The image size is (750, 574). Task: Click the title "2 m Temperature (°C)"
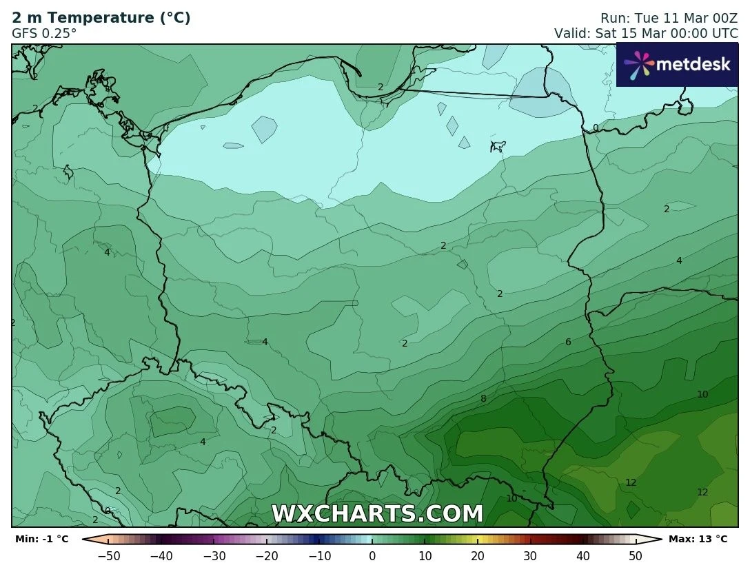[x=101, y=18]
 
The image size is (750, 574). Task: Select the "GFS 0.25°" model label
[x=44, y=32]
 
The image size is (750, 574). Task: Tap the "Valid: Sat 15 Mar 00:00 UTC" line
[x=646, y=33]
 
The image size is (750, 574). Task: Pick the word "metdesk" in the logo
[x=692, y=64]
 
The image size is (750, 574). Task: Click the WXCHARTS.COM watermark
[x=377, y=514]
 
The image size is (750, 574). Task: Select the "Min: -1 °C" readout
[x=41, y=539]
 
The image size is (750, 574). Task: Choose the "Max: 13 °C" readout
[x=698, y=539]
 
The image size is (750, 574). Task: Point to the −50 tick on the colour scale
[x=109, y=555]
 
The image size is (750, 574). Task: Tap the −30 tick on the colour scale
[x=214, y=555]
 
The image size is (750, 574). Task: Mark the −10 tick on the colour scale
[x=319, y=555]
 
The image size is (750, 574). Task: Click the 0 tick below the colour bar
[x=372, y=555]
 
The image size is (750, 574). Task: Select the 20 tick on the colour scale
[x=478, y=555]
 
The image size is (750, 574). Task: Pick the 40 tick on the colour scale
[x=582, y=555]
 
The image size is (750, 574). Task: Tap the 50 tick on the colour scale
[x=636, y=555]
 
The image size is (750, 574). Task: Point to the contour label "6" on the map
[x=568, y=342]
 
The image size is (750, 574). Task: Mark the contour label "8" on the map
[x=483, y=398]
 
